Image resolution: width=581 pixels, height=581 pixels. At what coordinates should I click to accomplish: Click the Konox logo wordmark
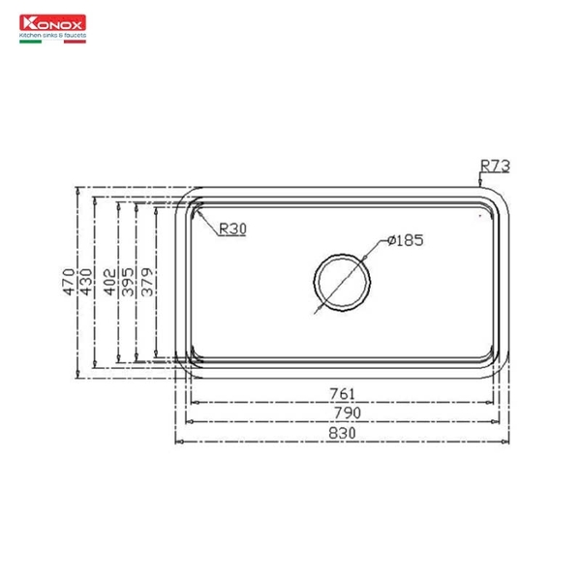52,21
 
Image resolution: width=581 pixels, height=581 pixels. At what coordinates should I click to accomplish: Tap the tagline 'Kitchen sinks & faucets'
52,33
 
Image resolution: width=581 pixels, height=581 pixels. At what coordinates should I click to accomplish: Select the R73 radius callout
494,167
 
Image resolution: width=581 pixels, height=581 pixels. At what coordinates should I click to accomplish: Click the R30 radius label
232,229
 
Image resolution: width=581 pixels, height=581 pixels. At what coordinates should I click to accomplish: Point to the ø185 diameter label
406,240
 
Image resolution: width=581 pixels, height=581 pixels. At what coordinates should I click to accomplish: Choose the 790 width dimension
347,413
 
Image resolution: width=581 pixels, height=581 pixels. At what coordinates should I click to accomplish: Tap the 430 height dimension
87,280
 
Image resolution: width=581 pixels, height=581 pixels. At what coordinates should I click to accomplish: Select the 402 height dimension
109,280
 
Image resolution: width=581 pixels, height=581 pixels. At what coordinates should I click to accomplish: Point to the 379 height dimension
147,280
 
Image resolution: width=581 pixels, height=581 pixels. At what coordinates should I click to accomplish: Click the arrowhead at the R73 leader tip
480,183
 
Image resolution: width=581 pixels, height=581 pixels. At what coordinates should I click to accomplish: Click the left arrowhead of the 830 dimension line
177,442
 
